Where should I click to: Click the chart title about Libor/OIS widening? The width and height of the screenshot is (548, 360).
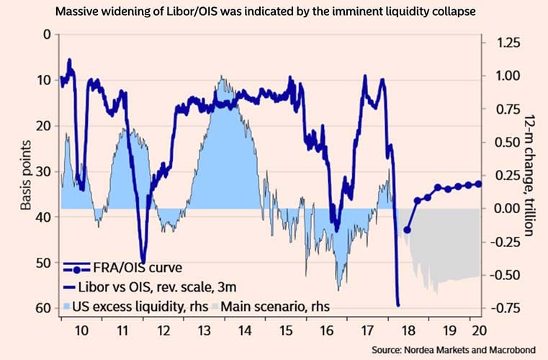pos(274,12)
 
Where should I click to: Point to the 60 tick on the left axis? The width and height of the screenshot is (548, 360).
pos(45,308)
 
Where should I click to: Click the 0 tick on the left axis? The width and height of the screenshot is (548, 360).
pos(48,35)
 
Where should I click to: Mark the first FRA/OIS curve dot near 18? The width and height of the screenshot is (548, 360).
pos(408,230)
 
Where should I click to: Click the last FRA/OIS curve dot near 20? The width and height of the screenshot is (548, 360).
pos(479,184)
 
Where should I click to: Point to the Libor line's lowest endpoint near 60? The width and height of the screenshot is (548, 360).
pos(398,305)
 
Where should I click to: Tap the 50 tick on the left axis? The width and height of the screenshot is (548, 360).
pos(45,263)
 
